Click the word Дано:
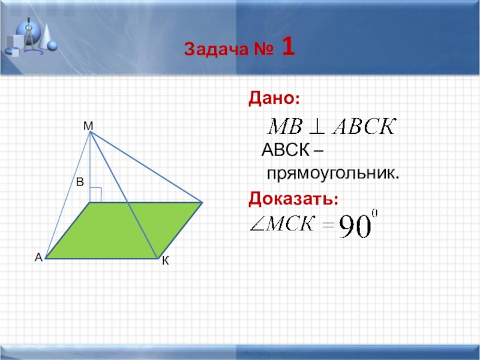275,98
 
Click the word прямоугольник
332,174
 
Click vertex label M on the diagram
88,125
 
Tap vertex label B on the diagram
80,182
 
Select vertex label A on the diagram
38,257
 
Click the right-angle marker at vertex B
95,194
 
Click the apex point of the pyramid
90,133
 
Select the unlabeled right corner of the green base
202,203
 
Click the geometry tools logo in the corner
30,36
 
